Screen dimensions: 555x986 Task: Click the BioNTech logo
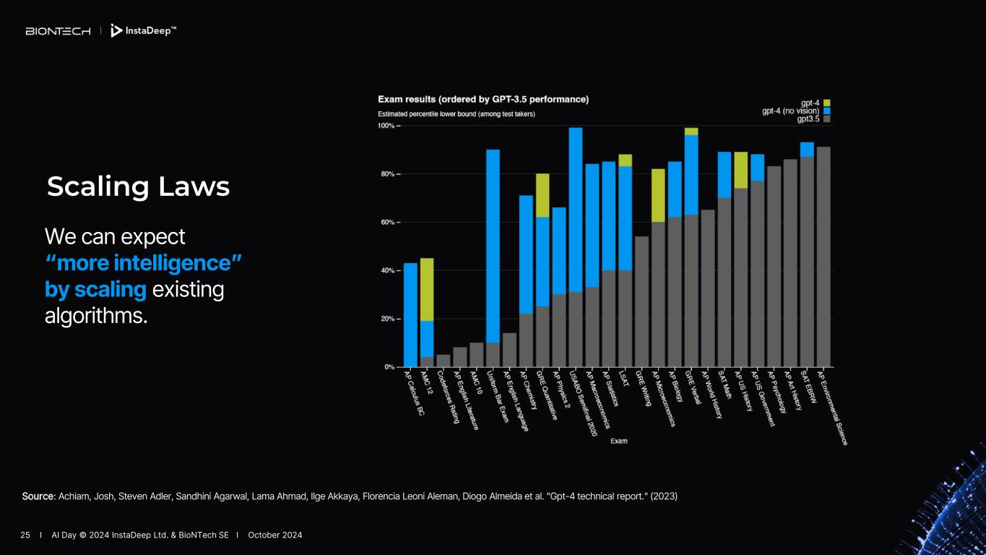58,31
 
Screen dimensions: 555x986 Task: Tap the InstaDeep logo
143,31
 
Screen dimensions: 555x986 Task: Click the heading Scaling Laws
138,187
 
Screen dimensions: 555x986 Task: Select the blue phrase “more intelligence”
143,262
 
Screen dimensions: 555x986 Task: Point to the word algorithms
95,316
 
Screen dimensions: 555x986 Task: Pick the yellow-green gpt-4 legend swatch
826,103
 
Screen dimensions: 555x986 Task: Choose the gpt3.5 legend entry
807,119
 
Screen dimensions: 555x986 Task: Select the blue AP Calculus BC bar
410,314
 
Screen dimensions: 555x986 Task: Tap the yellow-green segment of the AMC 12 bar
427,289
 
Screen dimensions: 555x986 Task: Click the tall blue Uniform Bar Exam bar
493,246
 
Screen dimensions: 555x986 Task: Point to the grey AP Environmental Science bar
823,257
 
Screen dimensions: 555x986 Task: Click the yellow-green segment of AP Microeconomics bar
658,195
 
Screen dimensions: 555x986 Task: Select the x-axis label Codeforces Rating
449,398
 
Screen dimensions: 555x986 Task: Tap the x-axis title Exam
618,441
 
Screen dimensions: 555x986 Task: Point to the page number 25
25,535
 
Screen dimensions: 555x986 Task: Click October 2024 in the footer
275,535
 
